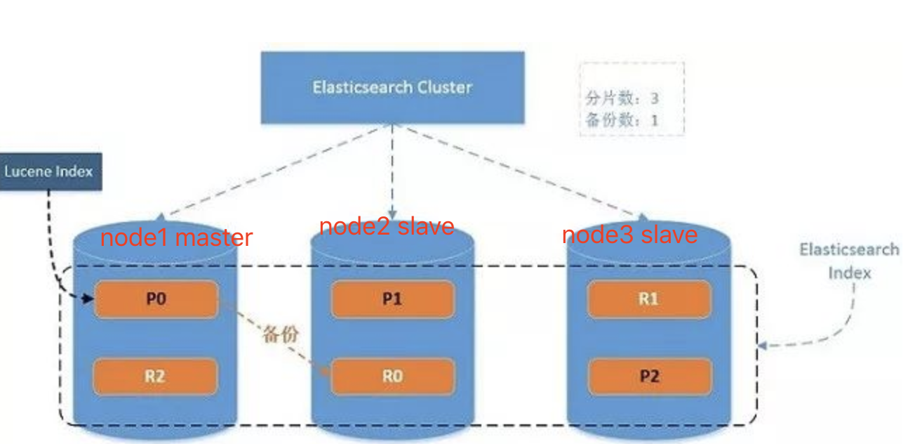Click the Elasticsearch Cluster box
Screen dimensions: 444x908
pyautogui.click(x=392, y=88)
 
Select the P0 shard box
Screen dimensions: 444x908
pyautogui.click(x=156, y=299)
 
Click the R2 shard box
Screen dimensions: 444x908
pyautogui.click(x=155, y=376)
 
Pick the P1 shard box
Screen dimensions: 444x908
pyautogui.click(x=392, y=299)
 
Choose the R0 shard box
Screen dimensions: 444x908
pyautogui.click(x=392, y=377)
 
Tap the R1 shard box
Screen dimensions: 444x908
pyautogui.click(x=649, y=299)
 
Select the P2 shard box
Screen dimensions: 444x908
pyautogui.click(x=649, y=376)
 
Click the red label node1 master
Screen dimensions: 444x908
pyautogui.click(x=176, y=237)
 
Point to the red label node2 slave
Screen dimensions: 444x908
pyautogui.click(x=387, y=226)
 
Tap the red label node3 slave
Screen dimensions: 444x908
pyautogui.click(x=629, y=234)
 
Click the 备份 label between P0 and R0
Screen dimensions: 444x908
pyautogui.click(x=280, y=334)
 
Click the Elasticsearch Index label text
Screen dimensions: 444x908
pyautogui.click(x=849, y=261)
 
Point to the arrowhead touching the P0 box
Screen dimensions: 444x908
pyautogui.click(x=88, y=299)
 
